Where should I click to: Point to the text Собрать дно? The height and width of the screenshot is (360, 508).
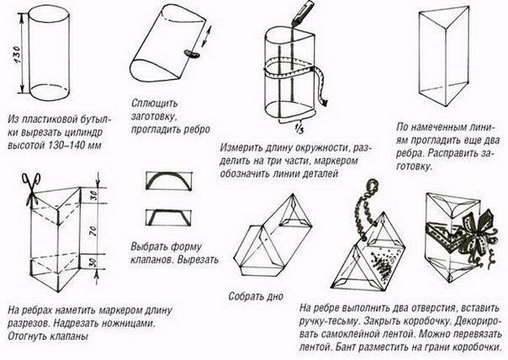[256, 297]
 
